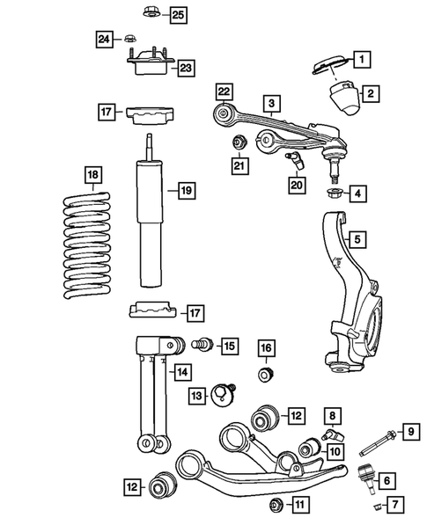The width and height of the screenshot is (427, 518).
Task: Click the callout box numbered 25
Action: click(177, 14)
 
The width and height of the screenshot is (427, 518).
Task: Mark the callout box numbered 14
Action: click(180, 372)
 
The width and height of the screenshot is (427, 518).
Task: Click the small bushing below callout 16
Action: click(264, 377)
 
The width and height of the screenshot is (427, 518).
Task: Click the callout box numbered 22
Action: click(224, 91)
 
